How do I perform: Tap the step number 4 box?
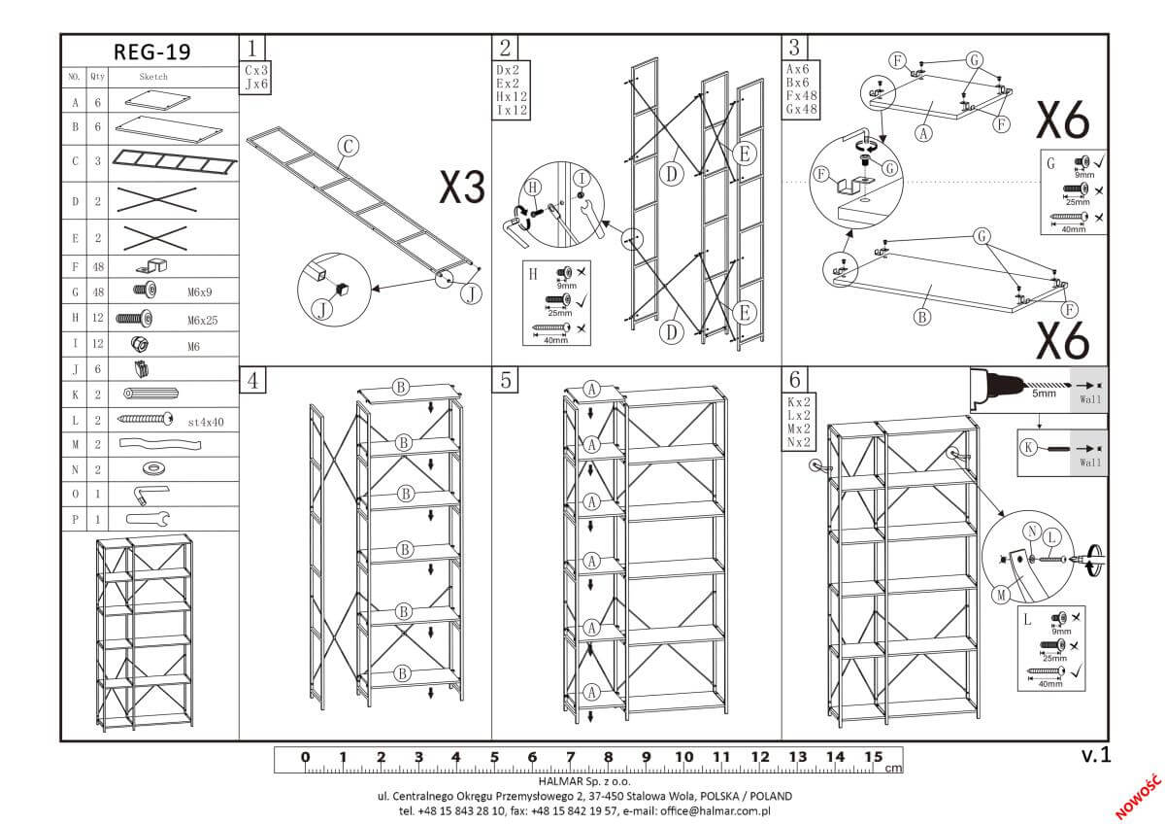click(252, 380)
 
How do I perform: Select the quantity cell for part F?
click(98, 264)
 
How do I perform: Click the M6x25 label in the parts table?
click(201, 319)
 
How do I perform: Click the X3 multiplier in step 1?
click(461, 188)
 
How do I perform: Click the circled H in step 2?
click(532, 187)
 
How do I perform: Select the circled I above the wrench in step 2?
click(581, 179)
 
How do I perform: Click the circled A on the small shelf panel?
click(923, 135)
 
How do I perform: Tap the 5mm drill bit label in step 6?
click(1043, 394)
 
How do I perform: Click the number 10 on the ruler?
click(683, 757)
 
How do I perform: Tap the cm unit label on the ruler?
click(893, 768)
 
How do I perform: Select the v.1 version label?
click(1094, 754)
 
